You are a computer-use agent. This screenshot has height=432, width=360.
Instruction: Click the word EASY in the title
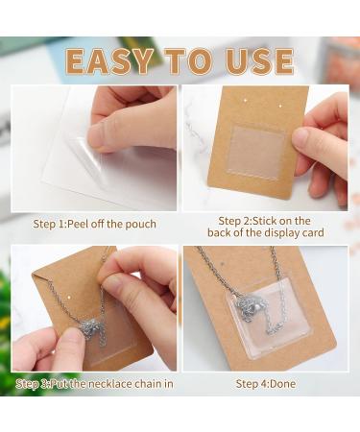tap(109, 61)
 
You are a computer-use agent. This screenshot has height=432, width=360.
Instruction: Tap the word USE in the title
tap(259, 61)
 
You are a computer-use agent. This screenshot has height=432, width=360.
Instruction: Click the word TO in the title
tap(189, 61)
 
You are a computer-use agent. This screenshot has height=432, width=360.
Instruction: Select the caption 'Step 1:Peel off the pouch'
tap(95, 224)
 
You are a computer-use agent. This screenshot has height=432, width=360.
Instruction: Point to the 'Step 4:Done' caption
tap(266, 384)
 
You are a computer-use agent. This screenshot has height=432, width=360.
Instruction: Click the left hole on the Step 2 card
tap(246, 101)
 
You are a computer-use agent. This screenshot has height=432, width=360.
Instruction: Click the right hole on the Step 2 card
tap(280, 106)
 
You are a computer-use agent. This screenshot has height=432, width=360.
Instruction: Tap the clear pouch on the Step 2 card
tap(256, 153)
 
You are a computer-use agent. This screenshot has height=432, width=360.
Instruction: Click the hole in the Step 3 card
tap(69, 297)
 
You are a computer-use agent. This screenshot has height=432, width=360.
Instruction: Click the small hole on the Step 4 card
tap(223, 264)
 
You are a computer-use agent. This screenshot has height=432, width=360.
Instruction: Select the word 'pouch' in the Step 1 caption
tap(140, 225)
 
